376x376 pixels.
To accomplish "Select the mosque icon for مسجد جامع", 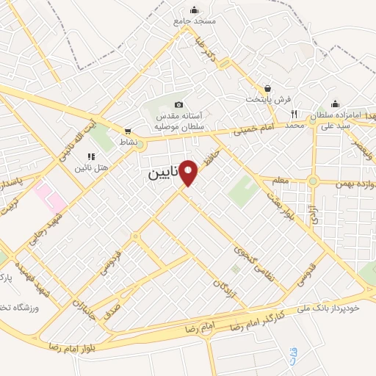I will [194, 10].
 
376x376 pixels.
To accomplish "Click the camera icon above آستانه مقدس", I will [179, 106].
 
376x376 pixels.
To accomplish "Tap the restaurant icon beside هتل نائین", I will [91, 156].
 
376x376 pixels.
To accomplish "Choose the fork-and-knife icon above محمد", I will [294, 114].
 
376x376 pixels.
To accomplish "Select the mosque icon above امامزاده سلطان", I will [335, 104].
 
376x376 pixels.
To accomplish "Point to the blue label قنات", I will [294, 339].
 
